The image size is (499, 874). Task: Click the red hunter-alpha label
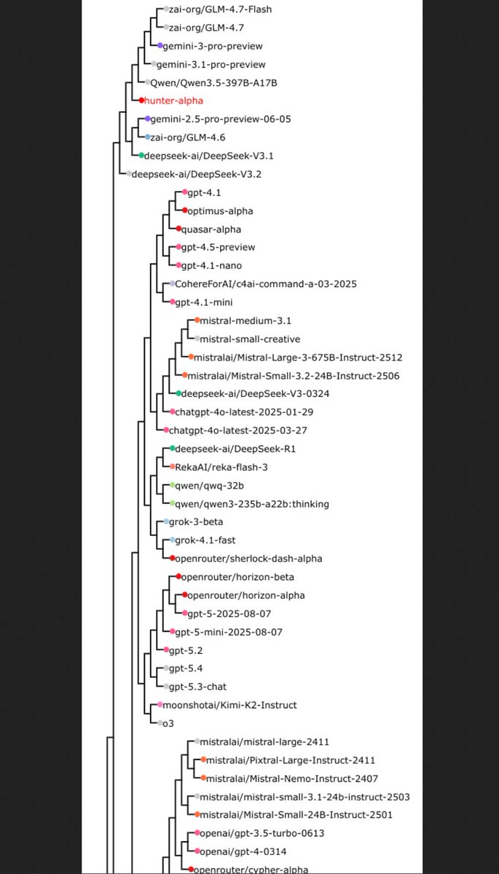point(173,101)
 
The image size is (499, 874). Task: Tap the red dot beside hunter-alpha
point(142,101)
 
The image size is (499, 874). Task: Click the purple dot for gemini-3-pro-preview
point(160,46)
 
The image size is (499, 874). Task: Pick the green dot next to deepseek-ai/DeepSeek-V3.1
point(142,155)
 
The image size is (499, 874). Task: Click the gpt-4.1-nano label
point(212,265)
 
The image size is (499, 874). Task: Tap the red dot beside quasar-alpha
point(178,229)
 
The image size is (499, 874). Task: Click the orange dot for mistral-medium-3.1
point(197,320)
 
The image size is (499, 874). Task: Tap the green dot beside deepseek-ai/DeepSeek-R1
point(173,449)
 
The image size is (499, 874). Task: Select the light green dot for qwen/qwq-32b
point(173,485)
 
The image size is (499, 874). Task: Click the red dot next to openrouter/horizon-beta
point(178,577)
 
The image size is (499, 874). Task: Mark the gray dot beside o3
point(160,723)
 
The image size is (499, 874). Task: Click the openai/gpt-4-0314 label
point(240,851)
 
